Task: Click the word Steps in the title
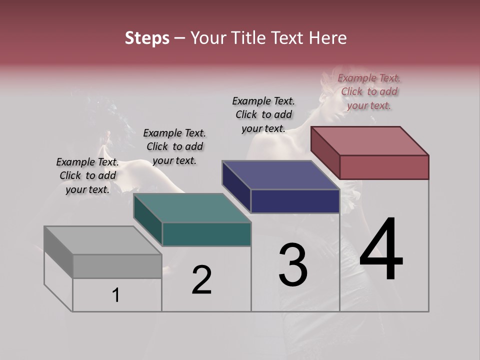pyautogui.click(x=147, y=38)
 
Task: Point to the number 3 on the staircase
pyautogui.click(x=292, y=265)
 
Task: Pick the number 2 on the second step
pyautogui.click(x=201, y=280)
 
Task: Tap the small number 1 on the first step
pyautogui.click(x=116, y=295)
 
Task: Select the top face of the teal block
pyautogui.click(x=192, y=208)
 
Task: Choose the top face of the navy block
pyautogui.click(x=280, y=175)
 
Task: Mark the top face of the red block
pyautogui.click(x=369, y=141)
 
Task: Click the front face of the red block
pyautogui.click(x=384, y=167)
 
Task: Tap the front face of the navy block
pyautogui.click(x=295, y=201)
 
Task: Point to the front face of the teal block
pyautogui.click(x=206, y=234)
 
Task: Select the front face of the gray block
pyautogui.click(x=117, y=266)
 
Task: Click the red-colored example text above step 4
pyautogui.click(x=369, y=91)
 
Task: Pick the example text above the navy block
pyautogui.click(x=263, y=114)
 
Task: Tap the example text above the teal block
pyautogui.click(x=174, y=146)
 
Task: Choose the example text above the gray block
pyautogui.click(x=87, y=175)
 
